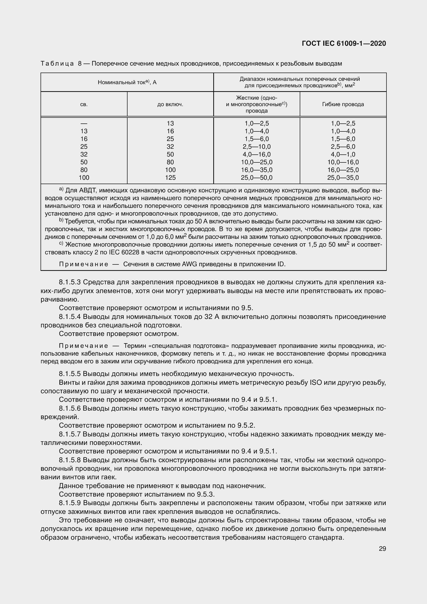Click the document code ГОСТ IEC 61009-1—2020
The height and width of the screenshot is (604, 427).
(344, 43)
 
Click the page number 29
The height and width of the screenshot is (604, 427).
(382, 548)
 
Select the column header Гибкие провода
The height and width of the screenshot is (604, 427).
(343, 104)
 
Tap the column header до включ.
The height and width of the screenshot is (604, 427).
(170, 104)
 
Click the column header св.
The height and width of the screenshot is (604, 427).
(84, 104)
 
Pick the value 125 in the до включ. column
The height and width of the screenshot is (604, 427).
(170, 178)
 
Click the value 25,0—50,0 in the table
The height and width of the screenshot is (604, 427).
(257, 178)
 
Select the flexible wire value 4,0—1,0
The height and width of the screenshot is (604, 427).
(343, 154)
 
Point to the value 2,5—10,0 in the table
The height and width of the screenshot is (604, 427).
(257, 146)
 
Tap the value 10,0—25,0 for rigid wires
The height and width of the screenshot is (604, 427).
(257, 162)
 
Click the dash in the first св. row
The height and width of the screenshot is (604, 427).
(84, 123)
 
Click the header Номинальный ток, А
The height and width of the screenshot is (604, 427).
(127, 82)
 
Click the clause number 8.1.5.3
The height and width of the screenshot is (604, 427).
(70, 282)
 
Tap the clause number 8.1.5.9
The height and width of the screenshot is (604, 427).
(70, 503)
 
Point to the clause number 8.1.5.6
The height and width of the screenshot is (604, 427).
(70, 408)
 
